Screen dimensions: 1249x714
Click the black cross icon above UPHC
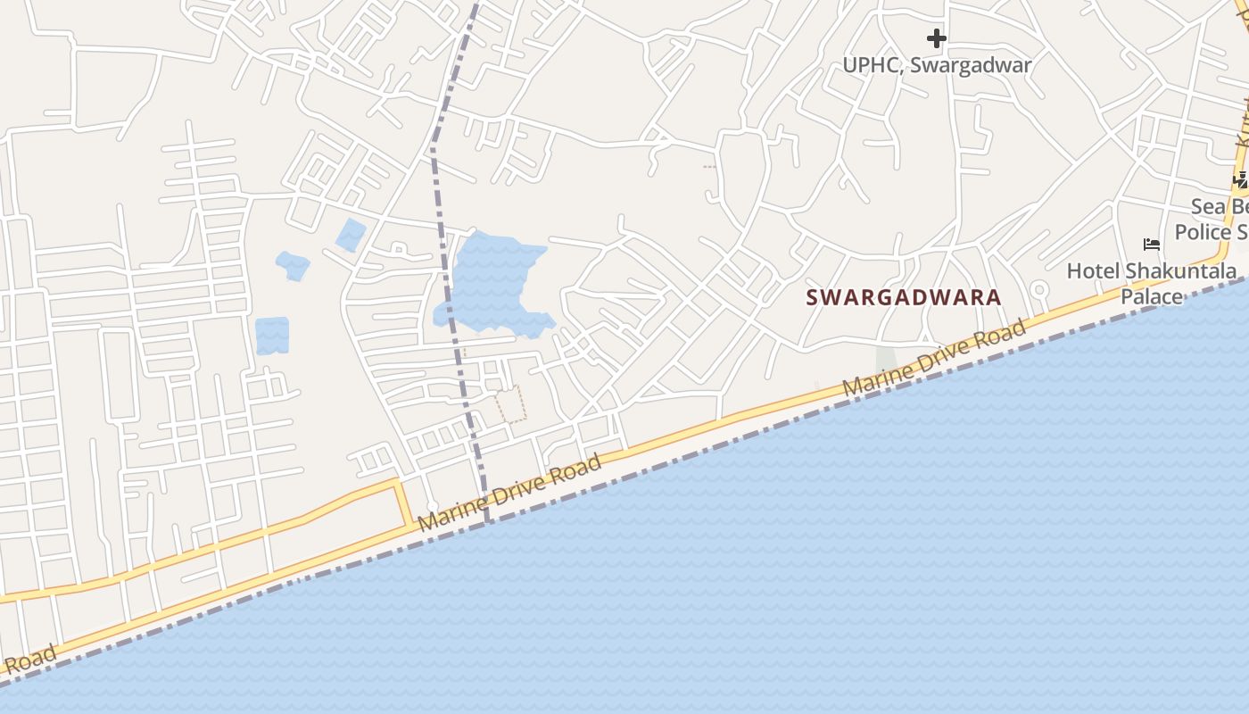(936, 38)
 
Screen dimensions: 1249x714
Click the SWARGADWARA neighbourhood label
(904, 297)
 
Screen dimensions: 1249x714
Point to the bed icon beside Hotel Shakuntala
(1152, 244)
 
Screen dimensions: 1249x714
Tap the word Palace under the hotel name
(1151, 296)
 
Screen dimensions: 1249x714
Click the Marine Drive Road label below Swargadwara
(934, 360)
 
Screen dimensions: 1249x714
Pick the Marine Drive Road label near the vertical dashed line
(509, 492)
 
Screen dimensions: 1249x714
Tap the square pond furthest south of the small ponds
(272, 336)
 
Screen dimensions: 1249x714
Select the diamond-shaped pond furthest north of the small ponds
(351, 234)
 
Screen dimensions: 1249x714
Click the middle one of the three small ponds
(293, 265)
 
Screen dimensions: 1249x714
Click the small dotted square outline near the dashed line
(511, 403)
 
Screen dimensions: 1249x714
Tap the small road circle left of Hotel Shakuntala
(1038, 289)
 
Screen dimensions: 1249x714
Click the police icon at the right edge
(1240, 180)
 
